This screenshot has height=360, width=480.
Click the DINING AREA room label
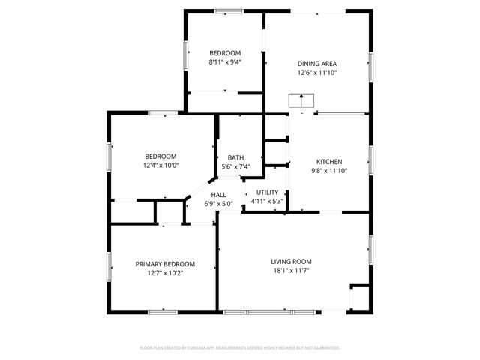pyautogui.click(x=317, y=64)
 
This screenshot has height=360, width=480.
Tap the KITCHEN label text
pyautogui.click(x=329, y=162)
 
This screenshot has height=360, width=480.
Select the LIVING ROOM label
pyautogui.click(x=291, y=261)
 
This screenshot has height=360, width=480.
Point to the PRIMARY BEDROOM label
pyautogui.click(x=165, y=264)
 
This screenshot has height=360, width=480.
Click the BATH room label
pyautogui.click(x=235, y=157)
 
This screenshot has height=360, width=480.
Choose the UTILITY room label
pyautogui.click(x=267, y=193)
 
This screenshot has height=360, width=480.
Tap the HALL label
pyautogui.click(x=218, y=195)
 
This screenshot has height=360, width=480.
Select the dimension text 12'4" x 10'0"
pyautogui.click(x=160, y=165)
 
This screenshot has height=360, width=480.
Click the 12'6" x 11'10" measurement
pyautogui.click(x=317, y=73)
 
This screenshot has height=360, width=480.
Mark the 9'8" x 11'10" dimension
pyautogui.click(x=329, y=171)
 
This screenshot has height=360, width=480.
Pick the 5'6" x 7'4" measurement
pyautogui.click(x=235, y=166)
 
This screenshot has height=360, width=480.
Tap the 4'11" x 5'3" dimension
pyautogui.click(x=267, y=201)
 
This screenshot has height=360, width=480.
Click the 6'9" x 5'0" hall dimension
pyautogui.click(x=218, y=204)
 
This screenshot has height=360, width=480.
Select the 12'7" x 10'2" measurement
pyautogui.click(x=165, y=273)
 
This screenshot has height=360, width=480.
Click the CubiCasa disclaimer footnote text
pyautogui.click(x=240, y=348)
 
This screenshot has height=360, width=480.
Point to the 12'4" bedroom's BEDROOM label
pyautogui.click(x=160, y=156)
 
